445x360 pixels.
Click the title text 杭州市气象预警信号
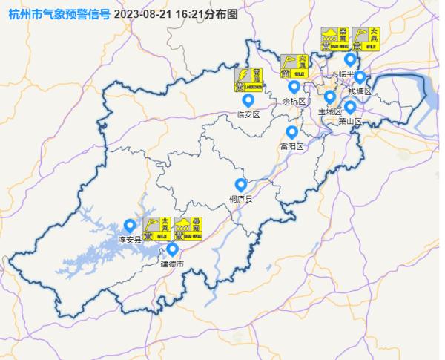click(58, 13)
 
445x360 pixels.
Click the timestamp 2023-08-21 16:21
click(156, 13)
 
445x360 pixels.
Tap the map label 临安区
click(248, 114)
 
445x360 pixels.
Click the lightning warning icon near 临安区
click(249, 79)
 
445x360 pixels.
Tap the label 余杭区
click(294, 101)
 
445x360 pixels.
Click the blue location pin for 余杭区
click(294, 87)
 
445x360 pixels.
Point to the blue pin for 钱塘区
click(360, 76)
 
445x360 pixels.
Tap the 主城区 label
click(330, 111)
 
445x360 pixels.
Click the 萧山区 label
click(350, 120)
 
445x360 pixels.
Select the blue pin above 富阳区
click(291, 132)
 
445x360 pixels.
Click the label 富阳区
click(291, 146)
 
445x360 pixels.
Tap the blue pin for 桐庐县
click(240, 185)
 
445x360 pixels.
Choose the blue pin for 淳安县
click(130, 225)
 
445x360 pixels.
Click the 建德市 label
click(171, 263)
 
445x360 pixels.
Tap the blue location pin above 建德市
click(172, 249)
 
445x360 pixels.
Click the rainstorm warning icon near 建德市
click(188, 229)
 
